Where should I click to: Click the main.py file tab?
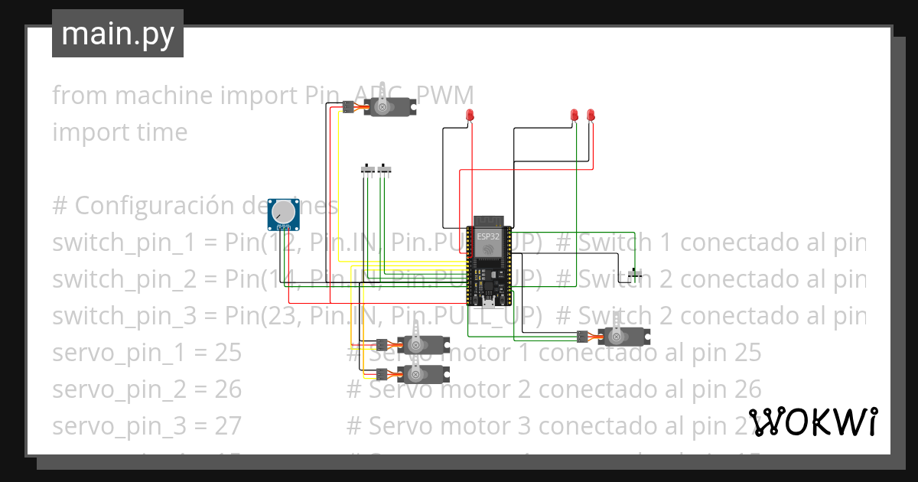pos(117,34)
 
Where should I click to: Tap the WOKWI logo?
pos(812,422)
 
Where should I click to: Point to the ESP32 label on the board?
pos(488,236)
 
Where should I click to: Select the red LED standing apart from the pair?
pos(470,116)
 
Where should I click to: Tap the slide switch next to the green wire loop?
pos(635,273)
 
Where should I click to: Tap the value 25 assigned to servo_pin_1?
pos(227,353)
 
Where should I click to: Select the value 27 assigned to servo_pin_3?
pos(227,426)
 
